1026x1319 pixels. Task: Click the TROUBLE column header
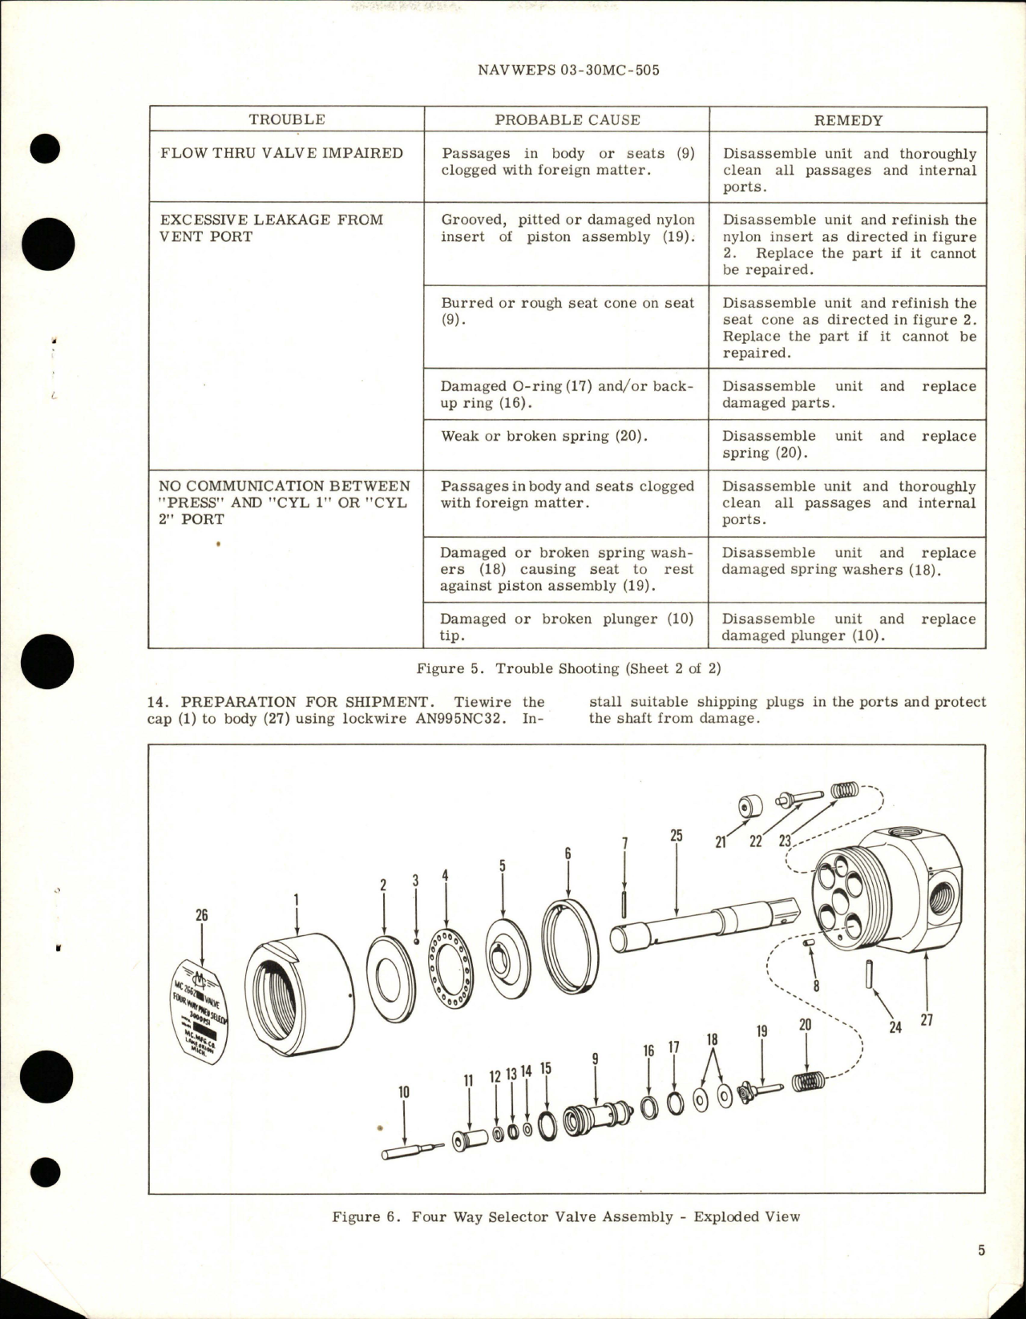[286, 120]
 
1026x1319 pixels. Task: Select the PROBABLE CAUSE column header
[567, 120]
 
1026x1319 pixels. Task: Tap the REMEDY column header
[848, 121]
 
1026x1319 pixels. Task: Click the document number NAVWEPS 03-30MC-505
[568, 70]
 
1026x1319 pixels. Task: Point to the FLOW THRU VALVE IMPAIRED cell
[281, 153]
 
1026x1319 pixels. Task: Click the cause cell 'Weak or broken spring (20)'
[544, 436]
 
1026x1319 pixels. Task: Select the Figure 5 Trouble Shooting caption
[568, 668]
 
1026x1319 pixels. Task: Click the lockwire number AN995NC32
[472, 719]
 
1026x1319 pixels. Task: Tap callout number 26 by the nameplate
[201, 915]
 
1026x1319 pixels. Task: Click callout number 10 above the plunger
[403, 1091]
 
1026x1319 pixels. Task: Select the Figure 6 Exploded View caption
[566, 1216]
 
